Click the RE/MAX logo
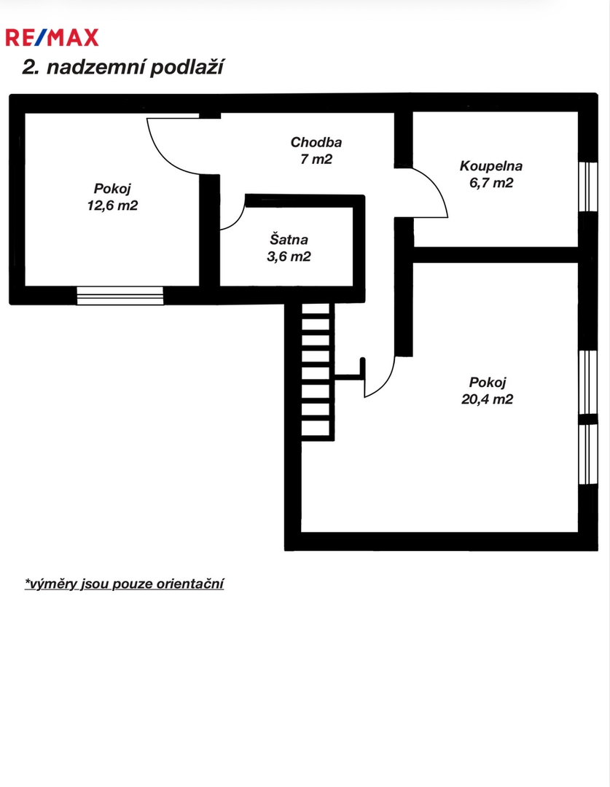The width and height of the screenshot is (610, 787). click(x=52, y=38)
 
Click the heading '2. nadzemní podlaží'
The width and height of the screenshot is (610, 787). click(x=122, y=67)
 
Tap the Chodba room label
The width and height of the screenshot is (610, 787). click(x=316, y=142)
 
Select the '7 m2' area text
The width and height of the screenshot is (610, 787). click(x=316, y=159)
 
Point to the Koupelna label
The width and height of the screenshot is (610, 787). click(x=491, y=165)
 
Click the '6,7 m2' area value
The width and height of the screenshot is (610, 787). click(x=491, y=183)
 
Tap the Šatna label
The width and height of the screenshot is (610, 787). click(x=289, y=239)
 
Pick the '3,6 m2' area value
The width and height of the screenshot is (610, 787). click(x=289, y=257)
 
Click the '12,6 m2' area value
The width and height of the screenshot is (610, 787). click(x=112, y=205)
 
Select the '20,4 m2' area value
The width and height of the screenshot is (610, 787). click(x=487, y=399)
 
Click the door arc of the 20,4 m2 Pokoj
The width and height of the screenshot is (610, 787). click(x=387, y=384)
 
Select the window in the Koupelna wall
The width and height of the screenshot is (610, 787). click(x=588, y=187)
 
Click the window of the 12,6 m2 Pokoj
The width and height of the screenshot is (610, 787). click(x=120, y=296)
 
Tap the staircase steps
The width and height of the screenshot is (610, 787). click(x=316, y=372)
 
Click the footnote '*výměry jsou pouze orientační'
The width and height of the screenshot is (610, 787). click(x=124, y=584)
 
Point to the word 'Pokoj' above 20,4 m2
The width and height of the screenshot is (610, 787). click(x=488, y=382)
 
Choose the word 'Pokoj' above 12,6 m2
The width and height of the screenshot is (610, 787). click(x=112, y=189)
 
